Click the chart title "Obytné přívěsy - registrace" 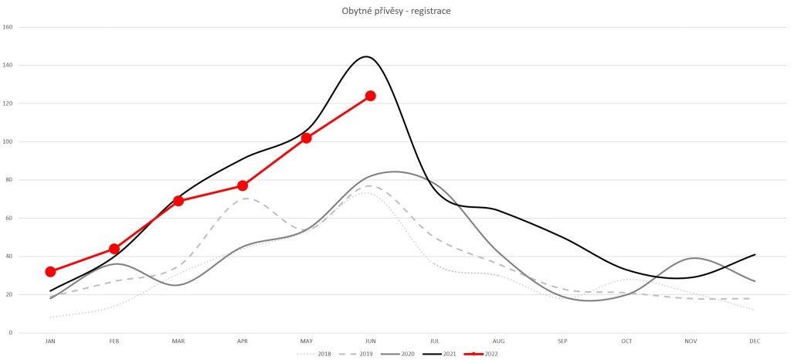pos(395,11)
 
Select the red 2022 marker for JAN pos(50,272)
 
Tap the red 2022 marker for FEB pos(114,249)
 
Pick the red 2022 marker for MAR pos(178,201)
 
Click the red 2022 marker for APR pos(243,185)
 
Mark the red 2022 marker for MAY pos(307,138)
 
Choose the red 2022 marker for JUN pos(371,96)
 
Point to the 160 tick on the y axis pos(8,27)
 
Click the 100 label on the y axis pos(8,141)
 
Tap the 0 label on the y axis pos(11,333)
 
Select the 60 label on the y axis pos(9,218)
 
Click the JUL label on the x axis pos(434,341)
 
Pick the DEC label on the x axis pos(754,341)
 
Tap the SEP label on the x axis pos(562,341)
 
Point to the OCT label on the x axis pos(626,341)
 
